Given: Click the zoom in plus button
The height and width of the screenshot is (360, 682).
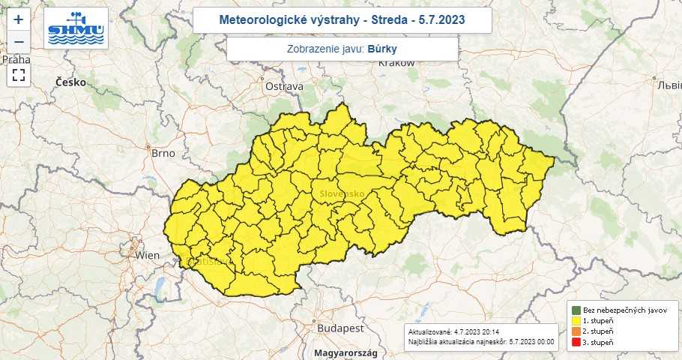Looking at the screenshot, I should pyautogui.click(x=19, y=19).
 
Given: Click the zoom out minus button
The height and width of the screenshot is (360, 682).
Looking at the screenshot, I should pyautogui.click(x=19, y=42).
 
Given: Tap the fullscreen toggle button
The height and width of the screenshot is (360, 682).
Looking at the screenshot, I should pyautogui.click(x=19, y=74).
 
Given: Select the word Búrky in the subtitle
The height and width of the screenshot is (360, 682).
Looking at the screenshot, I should pyautogui.click(x=383, y=49).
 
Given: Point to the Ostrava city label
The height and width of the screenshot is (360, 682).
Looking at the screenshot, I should pyautogui.click(x=284, y=86).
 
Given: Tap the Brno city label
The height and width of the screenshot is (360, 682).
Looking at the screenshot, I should pyautogui.click(x=163, y=153).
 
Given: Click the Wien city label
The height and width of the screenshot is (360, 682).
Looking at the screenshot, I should pyautogui.click(x=147, y=255).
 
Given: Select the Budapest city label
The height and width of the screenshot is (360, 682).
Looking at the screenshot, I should pyautogui.click(x=340, y=328).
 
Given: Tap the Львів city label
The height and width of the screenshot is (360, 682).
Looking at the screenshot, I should pyautogui.click(x=666, y=84).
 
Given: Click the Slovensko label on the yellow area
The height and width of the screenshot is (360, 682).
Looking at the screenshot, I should pyautogui.click(x=342, y=193).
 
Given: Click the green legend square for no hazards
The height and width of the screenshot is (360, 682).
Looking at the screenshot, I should pyautogui.click(x=576, y=309).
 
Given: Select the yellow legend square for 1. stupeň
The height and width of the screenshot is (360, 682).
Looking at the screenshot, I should pyautogui.click(x=576, y=320).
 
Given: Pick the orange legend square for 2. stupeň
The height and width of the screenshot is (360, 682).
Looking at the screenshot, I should pyautogui.click(x=576, y=331).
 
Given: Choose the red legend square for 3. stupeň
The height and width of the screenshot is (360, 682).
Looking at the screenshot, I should pyautogui.click(x=576, y=342).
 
